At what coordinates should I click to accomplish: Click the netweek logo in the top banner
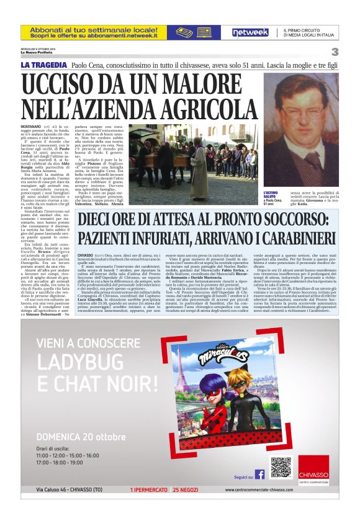[x=250, y=32]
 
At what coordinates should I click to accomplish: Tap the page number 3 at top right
[x=335, y=52]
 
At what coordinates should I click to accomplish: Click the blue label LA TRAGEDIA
[x=43, y=65]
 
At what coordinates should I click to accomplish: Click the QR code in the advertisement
[x=281, y=467]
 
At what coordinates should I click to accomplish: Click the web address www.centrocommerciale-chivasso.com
[x=272, y=490]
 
